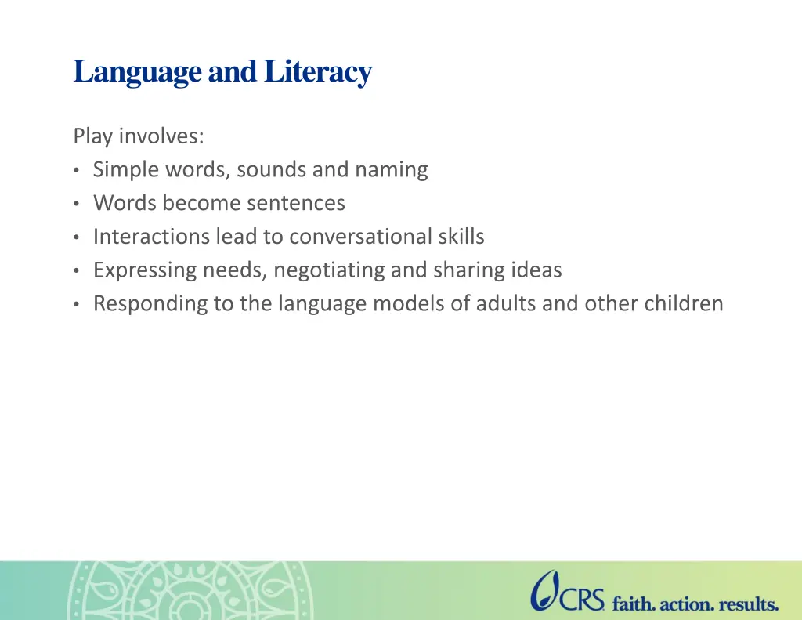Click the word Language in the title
[x=137, y=71]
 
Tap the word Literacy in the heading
[x=318, y=71]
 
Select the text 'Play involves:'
[x=139, y=136]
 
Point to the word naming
[x=392, y=170]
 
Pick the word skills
[x=461, y=237]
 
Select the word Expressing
[x=145, y=270]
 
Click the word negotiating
[x=329, y=270]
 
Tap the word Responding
[x=150, y=303]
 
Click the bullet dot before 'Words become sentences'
[x=76, y=204]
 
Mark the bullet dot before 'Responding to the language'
[x=76, y=304]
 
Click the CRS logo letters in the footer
[x=582, y=600]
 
